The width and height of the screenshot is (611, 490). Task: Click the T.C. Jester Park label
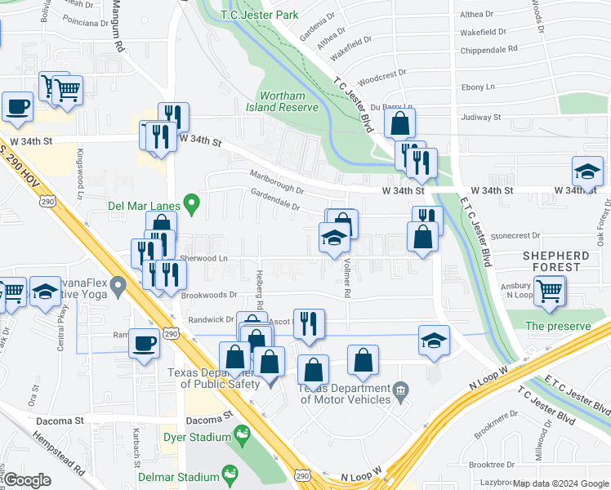point(260,15)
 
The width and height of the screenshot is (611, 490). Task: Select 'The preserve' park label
point(558,326)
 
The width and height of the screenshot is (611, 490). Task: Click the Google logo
point(28,479)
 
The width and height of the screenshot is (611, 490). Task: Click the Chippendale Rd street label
point(489,49)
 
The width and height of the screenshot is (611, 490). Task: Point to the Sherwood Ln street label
point(203,257)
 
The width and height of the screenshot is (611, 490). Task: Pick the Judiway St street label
point(481,118)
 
